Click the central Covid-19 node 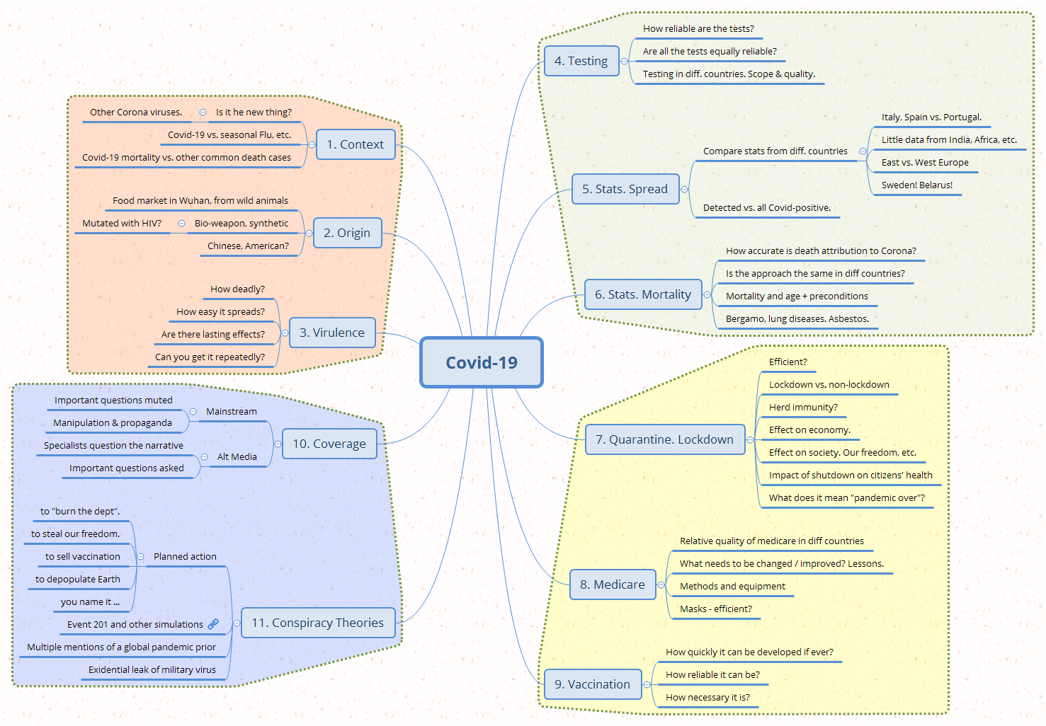click(x=482, y=362)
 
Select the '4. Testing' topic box click(x=581, y=61)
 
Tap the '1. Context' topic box click(x=355, y=144)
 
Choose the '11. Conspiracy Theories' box click(x=318, y=623)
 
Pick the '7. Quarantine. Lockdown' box click(x=664, y=439)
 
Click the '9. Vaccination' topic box click(x=592, y=684)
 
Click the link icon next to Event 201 click(x=213, y=624)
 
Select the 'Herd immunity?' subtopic click(x=803, y=407)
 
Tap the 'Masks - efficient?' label click(x=715, y=609)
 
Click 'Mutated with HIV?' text click(x=122, y=223)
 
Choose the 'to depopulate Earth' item click(x=78, y=579)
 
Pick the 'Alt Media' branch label click(x=237, y=456)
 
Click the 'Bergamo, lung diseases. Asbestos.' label click(x=797, y=318)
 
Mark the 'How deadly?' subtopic click(x=237, y=289)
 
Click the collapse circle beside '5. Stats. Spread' click(x=684, y=189)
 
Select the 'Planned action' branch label click(x=185, y=556)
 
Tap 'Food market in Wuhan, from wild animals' click(x=200, y=200)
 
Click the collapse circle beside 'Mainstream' click(x=193, y=411)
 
